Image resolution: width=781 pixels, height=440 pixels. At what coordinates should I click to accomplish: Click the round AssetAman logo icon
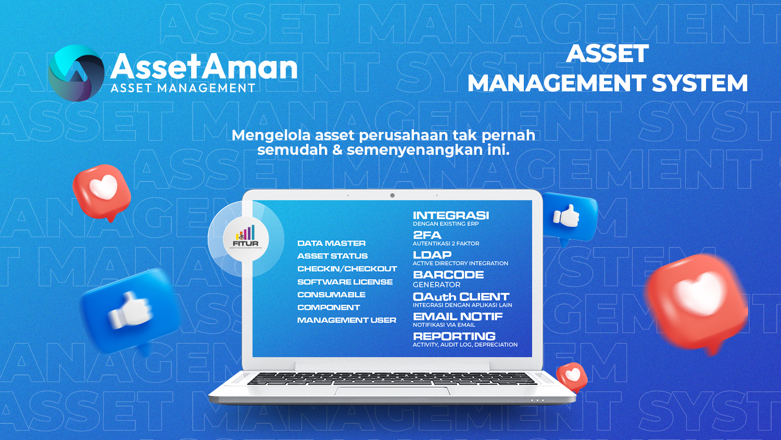click(76, 73)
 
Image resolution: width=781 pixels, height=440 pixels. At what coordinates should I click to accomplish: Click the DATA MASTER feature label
click(331, 243)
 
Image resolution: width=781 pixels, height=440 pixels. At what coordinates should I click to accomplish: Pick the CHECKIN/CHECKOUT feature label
click(347, 269)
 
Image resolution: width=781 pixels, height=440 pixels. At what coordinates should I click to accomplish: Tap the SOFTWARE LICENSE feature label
click(345, 282)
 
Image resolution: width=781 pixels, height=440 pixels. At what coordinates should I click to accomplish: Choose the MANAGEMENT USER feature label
click(347, 320)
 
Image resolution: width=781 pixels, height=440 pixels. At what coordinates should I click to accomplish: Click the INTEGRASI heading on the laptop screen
click(451, 215)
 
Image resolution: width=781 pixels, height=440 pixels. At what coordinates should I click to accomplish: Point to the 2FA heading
click(427, 235)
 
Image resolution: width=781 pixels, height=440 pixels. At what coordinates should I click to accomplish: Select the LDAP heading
click(432, 255)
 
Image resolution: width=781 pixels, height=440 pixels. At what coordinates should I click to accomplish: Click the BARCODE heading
click(448, 275)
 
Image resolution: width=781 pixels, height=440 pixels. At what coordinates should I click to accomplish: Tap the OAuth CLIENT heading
click(461, 297)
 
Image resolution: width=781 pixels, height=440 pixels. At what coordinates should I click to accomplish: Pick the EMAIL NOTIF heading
click(458, 317)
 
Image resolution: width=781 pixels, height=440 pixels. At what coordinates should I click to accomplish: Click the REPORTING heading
click(454, 336)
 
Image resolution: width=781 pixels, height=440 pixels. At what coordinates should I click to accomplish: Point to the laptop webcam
click(392, 195)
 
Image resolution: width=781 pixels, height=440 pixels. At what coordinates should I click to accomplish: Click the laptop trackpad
click(392, 391)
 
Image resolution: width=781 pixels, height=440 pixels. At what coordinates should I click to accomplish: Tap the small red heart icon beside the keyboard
click(572, 377)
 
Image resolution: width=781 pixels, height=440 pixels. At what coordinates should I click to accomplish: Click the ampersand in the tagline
click(337, 150)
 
